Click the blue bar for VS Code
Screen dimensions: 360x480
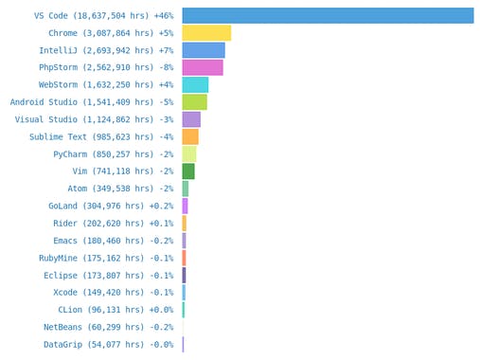[328, 15]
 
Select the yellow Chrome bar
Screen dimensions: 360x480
[206, 33]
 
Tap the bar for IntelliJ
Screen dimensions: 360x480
[204, 50]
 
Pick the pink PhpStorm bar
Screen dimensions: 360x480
[203, 67]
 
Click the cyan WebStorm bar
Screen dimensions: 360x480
[195, 84]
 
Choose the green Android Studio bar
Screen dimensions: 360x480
[194, 101]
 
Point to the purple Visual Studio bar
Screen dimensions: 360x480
[191, 119]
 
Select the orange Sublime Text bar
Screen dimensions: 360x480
[190, 136]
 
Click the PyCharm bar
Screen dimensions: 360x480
[189, 153]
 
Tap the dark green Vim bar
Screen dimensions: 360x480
[188, 171]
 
